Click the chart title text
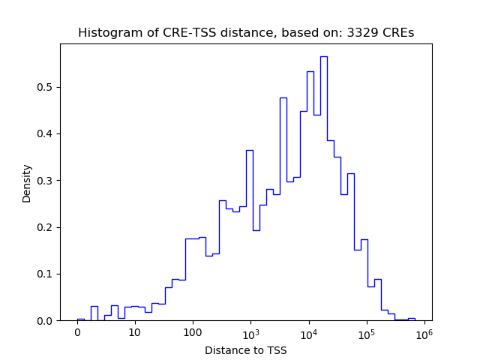coord(245,33)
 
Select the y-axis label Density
coord(27,183)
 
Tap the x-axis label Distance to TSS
coord(245,350)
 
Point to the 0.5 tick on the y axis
coord(46,87)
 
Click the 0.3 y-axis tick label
coord(46,181)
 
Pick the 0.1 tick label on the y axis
coord(46,274)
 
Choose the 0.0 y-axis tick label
coord(46,321)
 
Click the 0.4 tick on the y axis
coord(46,134)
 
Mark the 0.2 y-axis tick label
coord(46,227)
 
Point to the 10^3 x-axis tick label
coord(250,332)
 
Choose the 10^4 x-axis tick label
coord(308,332)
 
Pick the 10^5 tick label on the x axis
coord(366,332)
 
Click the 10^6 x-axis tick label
coord(424,332)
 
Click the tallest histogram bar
coord(323,187)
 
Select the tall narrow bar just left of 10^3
coord(249,232)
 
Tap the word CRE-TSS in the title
coord(164,33)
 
